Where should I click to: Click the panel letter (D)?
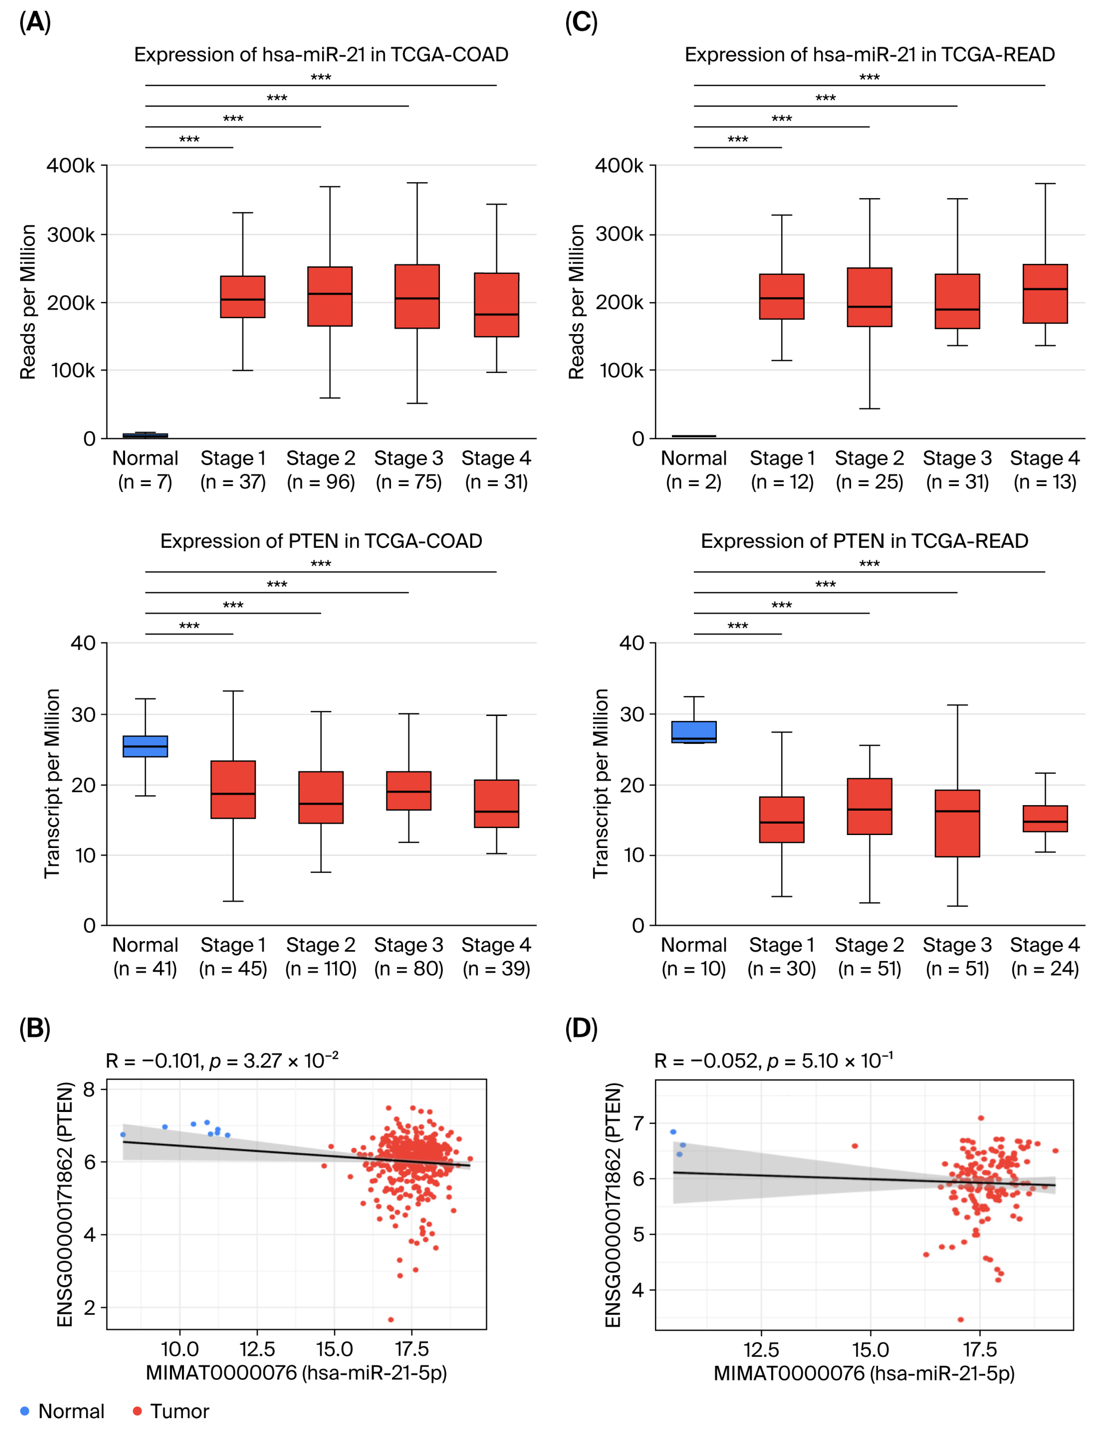[x=581, y=1028]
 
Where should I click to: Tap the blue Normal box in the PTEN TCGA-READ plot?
[x=694, y=732]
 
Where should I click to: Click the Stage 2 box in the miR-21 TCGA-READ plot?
[x=869, y=297]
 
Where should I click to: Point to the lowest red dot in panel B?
[x=391, y=1320]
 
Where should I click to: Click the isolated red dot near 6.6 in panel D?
[x=855, y=1146]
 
